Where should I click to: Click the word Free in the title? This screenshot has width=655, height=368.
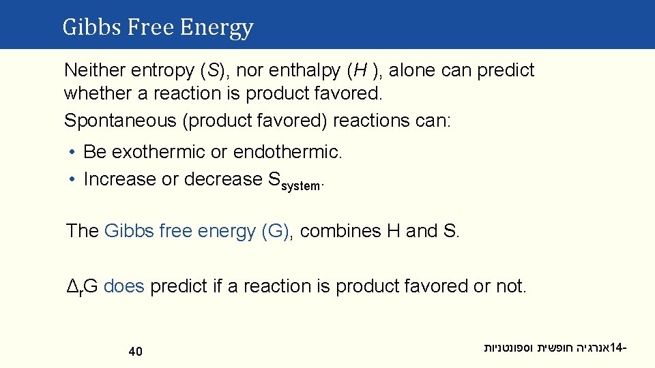(x=145, y=27)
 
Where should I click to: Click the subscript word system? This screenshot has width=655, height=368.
(x=300, y=186)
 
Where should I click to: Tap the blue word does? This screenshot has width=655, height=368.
(x=124, y=286)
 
